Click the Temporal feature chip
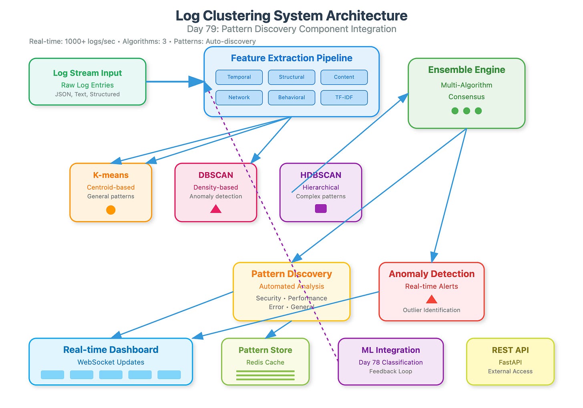tap(239, 77)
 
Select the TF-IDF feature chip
tap(344, 98)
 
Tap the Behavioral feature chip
tap(291, 98)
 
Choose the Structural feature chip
tap(291, 77)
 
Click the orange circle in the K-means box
tap(111, 210)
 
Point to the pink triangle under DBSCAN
tap(216, 209)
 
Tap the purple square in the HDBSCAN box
tap(321, 209)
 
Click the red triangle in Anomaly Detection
tap(432, 299)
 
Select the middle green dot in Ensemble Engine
tap(466, 111)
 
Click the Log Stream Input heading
tap(87, 73)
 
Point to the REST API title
tap(510, 350)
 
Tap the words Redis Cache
tap(265, 362)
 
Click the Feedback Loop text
tap(391, 371)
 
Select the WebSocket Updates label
tap(111, 362)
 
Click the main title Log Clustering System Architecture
tap(291, 16)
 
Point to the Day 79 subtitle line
tap(291, 29)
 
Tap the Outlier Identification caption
tap(432, 310)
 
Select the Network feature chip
tap(239, 98)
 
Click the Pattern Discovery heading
tap(291, 274)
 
